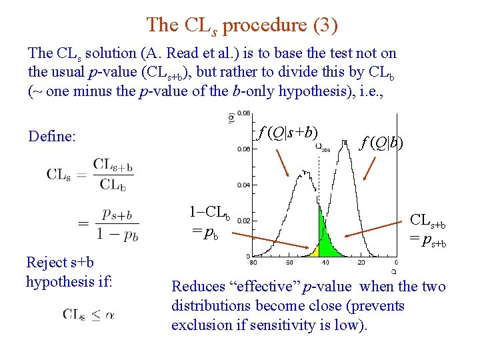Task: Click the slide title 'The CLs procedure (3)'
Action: (x=242, y=25)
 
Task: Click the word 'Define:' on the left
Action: (x=52, y=137)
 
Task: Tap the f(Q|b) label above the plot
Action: (x=381, y=142)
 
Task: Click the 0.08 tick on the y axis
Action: (x=245, y=113)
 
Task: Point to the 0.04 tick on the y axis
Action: (x=245, y=185)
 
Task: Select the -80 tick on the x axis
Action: (x=253, y=263)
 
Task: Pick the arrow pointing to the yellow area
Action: (x=280, y=241)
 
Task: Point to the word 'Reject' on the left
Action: (x=46, y=263)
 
